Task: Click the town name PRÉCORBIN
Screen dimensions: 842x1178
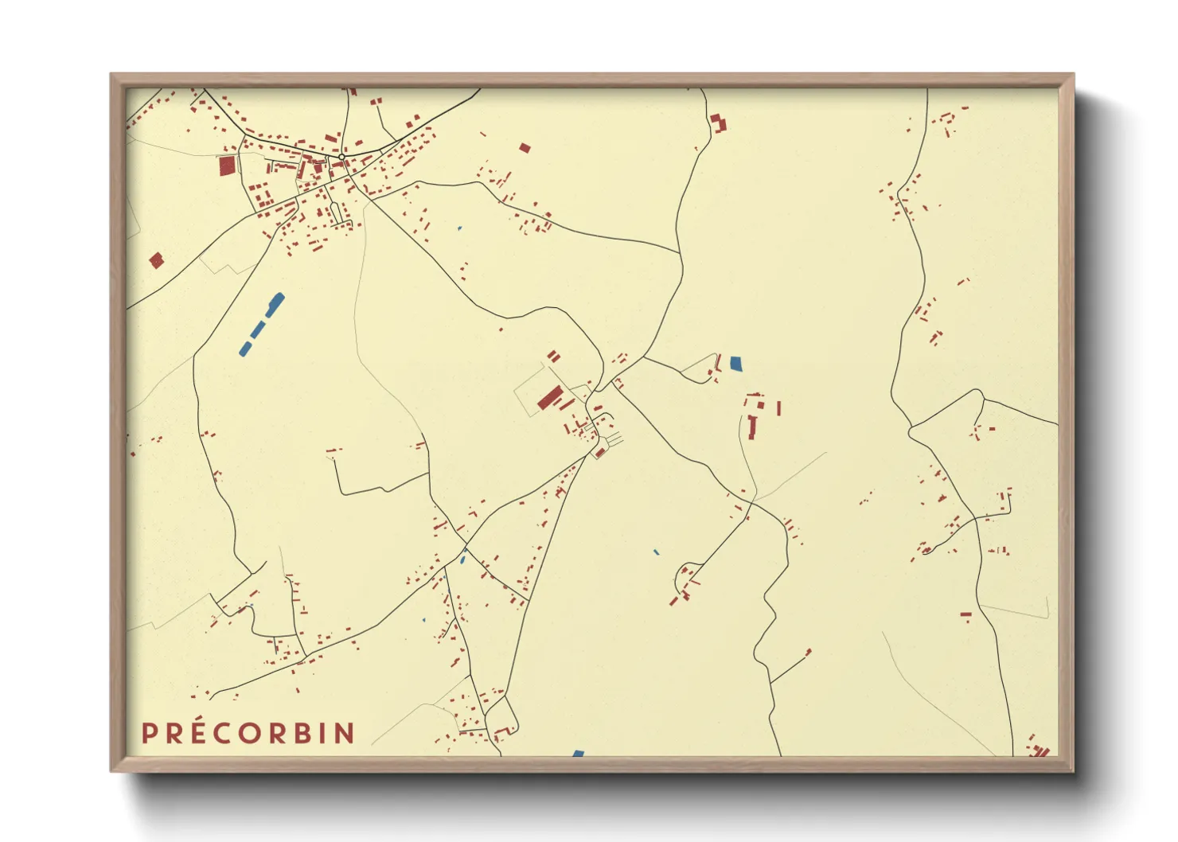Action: coord(248,733)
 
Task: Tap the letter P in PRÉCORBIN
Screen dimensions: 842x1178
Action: coord(148,733)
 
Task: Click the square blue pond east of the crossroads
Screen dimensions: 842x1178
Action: coord(735,364)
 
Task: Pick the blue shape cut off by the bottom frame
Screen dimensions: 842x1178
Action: coord(578,753)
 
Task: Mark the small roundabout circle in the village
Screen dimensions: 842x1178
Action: coord(341,158)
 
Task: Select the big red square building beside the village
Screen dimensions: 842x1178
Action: coord(228,166)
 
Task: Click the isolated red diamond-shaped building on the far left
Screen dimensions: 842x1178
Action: coord(156,259)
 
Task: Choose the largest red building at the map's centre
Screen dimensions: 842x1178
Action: coord(549,396)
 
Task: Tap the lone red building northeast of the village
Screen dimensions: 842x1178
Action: coord(525,147)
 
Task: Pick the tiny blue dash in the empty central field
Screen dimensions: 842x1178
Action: coord(656,552)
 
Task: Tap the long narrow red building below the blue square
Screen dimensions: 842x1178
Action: coord(752,427)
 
